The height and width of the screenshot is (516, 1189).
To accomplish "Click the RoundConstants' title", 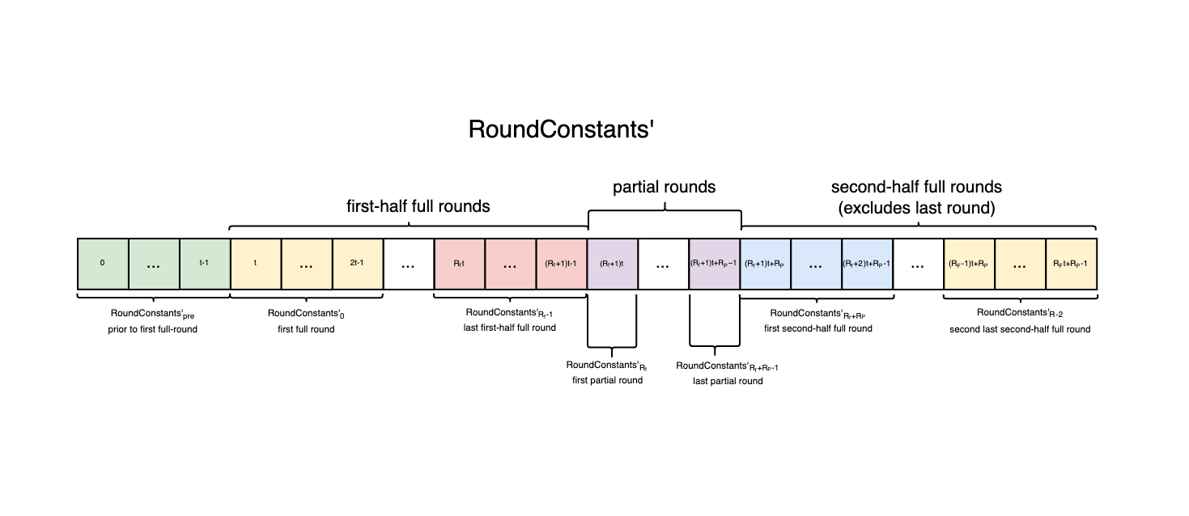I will click(560, 130).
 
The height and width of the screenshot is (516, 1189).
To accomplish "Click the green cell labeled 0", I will click(103, 264).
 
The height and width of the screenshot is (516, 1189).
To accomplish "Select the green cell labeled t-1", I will click(205, 264).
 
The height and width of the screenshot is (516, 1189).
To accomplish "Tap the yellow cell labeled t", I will click(256, 264).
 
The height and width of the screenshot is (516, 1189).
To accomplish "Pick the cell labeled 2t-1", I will click(358, 264).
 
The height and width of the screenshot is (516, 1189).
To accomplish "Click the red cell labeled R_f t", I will click(460, 264).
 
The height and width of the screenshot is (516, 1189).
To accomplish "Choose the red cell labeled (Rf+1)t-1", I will click(561, 264).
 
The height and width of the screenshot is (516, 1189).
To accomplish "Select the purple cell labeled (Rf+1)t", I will click(612, 264).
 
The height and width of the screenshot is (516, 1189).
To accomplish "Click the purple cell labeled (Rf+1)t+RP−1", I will click(714, 264).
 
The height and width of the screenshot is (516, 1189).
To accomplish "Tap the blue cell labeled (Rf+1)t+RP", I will click(765, 264).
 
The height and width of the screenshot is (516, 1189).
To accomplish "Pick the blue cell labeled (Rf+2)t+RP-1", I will click(867, 264).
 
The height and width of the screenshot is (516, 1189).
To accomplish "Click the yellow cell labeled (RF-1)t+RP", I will click(969, 264).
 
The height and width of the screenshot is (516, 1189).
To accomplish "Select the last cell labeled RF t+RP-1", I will click(1071, 264).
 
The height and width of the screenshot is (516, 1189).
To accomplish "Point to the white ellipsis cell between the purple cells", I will click(663, 264).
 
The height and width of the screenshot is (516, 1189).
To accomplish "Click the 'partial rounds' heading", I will click(664, 187).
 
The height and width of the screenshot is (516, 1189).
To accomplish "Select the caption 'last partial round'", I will click(728, 381).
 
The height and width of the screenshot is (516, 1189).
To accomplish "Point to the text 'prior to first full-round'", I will click(153, 329).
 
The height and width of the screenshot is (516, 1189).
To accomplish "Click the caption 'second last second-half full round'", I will click(1020, 329).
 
